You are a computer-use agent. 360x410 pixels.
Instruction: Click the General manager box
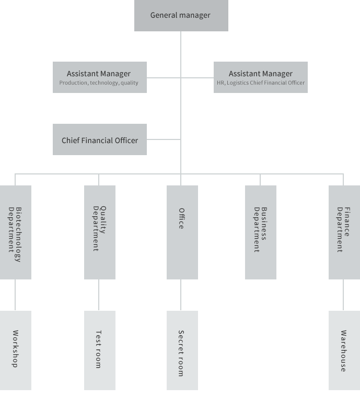[x=181, y=16]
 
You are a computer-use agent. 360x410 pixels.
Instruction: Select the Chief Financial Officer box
[x=100, y=139]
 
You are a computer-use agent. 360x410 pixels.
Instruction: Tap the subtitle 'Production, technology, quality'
[x=99, y=83]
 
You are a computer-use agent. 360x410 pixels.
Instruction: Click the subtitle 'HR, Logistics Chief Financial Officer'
[x=261, y=83]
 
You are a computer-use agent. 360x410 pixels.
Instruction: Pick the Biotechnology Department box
[x=16, y=232]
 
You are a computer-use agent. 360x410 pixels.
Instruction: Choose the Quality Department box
[x=100, y=232]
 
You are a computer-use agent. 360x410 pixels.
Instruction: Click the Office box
[x=182, y=232]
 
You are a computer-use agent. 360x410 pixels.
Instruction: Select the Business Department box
[x=261, y=232]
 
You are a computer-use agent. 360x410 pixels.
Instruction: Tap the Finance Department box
[x=344, y=232]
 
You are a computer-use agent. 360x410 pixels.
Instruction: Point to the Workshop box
[x=16, y=350]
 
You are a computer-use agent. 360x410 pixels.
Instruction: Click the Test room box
[x=100, y=350]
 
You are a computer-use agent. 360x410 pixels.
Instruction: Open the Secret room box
[x=182, y=350]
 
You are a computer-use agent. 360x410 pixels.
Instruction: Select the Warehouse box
[x=344, y=350]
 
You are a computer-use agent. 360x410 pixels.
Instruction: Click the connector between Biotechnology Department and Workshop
[x=15, y=295]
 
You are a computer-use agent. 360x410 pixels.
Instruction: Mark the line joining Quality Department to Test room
[x=99, y=295]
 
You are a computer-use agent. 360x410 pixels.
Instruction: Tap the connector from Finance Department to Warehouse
[x=343, y=295]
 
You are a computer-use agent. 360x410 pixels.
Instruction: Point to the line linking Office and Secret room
[x=181, y=295]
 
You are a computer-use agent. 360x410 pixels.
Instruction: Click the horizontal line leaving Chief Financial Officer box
[x=164, y=139]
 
